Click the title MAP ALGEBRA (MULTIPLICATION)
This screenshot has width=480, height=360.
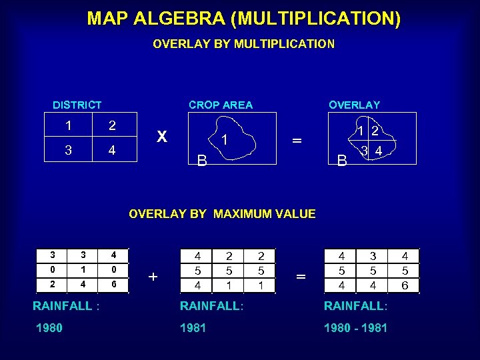[x=243, y=18]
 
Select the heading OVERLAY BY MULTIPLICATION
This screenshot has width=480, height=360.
[x=243, y=44]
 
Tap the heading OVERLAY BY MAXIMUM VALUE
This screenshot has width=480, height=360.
[x=222, y=214]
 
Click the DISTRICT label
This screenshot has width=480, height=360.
[x=77, y=105]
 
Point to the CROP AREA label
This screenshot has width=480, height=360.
[x=221, y=105]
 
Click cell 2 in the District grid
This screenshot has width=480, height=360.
[x=112, y=126]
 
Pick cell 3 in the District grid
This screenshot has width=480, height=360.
[x=68, y=151]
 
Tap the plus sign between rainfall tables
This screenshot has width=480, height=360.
[x=153, y=276]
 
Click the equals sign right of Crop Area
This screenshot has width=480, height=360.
[x=297, y=140]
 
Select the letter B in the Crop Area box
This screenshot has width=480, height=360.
[x=201, y=160]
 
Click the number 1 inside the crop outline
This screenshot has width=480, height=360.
[x=225, y=140]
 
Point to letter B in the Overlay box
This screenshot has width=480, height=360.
[x=342, y=160]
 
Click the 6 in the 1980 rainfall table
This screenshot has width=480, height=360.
[x=115, y=284]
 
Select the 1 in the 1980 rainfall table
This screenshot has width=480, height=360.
[x=83, y=269]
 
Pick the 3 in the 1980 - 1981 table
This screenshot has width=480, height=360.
[x=374, y=256]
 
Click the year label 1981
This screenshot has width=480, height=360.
[x=193, y=328]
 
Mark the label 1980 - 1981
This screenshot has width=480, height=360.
[x=355, y=328]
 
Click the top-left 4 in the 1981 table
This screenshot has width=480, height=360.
[x=197, y=256]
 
